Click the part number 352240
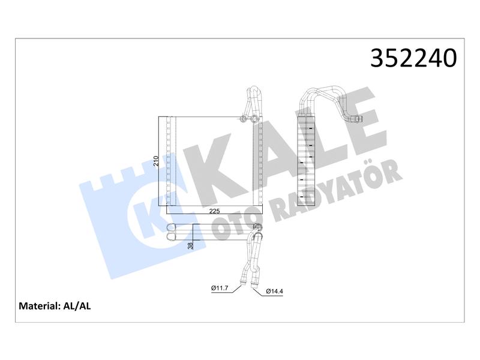pos(413,58)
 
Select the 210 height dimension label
pos(156,161)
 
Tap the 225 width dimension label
pos(214,211)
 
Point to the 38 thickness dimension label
pos(190,245)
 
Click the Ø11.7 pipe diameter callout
pos(220,288)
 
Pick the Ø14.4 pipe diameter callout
pos(275,292)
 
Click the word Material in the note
pos(38,306)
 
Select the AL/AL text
pos(77,306)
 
